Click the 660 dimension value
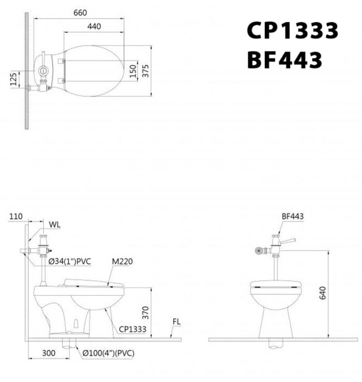[x=80, y=13]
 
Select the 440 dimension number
[x=94, y=26]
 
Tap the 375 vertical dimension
[x=145, y=71]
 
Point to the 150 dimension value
[x=133, y=71]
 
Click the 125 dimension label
[x=13, y=79]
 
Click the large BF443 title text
[x=284, y=60]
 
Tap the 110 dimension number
[x=16, y=217]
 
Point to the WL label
[x=54, y=224]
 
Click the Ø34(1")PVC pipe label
[x=69, y=262]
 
